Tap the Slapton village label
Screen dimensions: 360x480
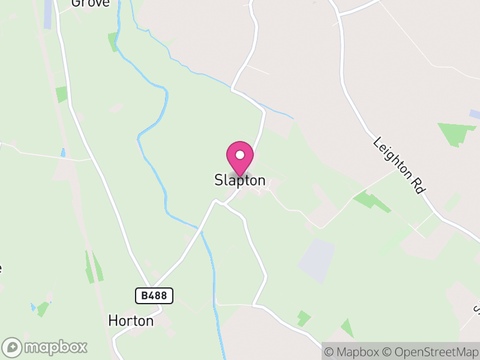click(x=240, y=180)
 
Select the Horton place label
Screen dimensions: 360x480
click(x=131, y=321)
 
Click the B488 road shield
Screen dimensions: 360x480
click(x=154, y=295)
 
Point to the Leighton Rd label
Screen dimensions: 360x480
click(x=399, y=165)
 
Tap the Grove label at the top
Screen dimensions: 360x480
click(x=91, y=3)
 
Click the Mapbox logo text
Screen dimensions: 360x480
click(x=55, y=347)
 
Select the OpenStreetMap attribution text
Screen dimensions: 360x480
click(x=429, y=352)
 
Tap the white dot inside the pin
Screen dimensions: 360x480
click(x=240, y=155)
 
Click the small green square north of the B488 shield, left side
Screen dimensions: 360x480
click(x=61, y=94)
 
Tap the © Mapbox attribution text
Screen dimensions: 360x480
click(x=350, y=352)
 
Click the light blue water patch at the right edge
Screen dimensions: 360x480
click(x=475, y=113)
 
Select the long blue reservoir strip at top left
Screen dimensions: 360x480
click(x=47, y=14)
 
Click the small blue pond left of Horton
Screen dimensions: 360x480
click(x=33, y=307)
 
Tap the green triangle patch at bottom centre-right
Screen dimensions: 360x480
click(x=346, y=328)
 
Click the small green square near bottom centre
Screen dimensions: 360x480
click(x=304, y=317)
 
